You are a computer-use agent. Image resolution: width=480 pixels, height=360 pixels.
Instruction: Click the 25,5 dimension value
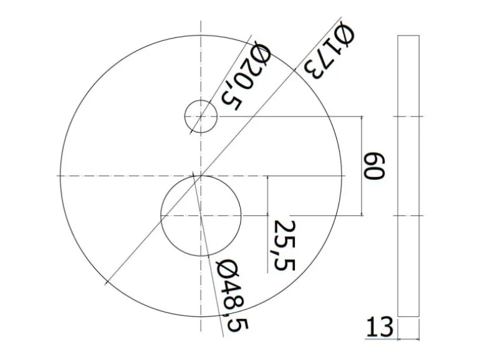[284, 245]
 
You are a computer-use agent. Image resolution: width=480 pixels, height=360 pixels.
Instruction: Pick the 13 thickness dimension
[380, 327]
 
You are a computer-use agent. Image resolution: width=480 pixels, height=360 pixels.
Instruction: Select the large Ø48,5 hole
[201, 215]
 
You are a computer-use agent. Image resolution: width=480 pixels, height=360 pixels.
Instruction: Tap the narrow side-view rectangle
[408, 176]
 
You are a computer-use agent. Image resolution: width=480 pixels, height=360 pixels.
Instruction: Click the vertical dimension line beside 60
[362, 166]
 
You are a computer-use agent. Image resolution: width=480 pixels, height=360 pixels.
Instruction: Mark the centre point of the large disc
[201, 176]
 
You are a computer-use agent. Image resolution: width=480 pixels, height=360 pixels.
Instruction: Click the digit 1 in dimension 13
[372, 327]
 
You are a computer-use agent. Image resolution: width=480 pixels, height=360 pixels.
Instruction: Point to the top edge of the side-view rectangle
[408, 36]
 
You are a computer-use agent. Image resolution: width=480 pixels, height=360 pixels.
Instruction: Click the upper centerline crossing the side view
[408, 116]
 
